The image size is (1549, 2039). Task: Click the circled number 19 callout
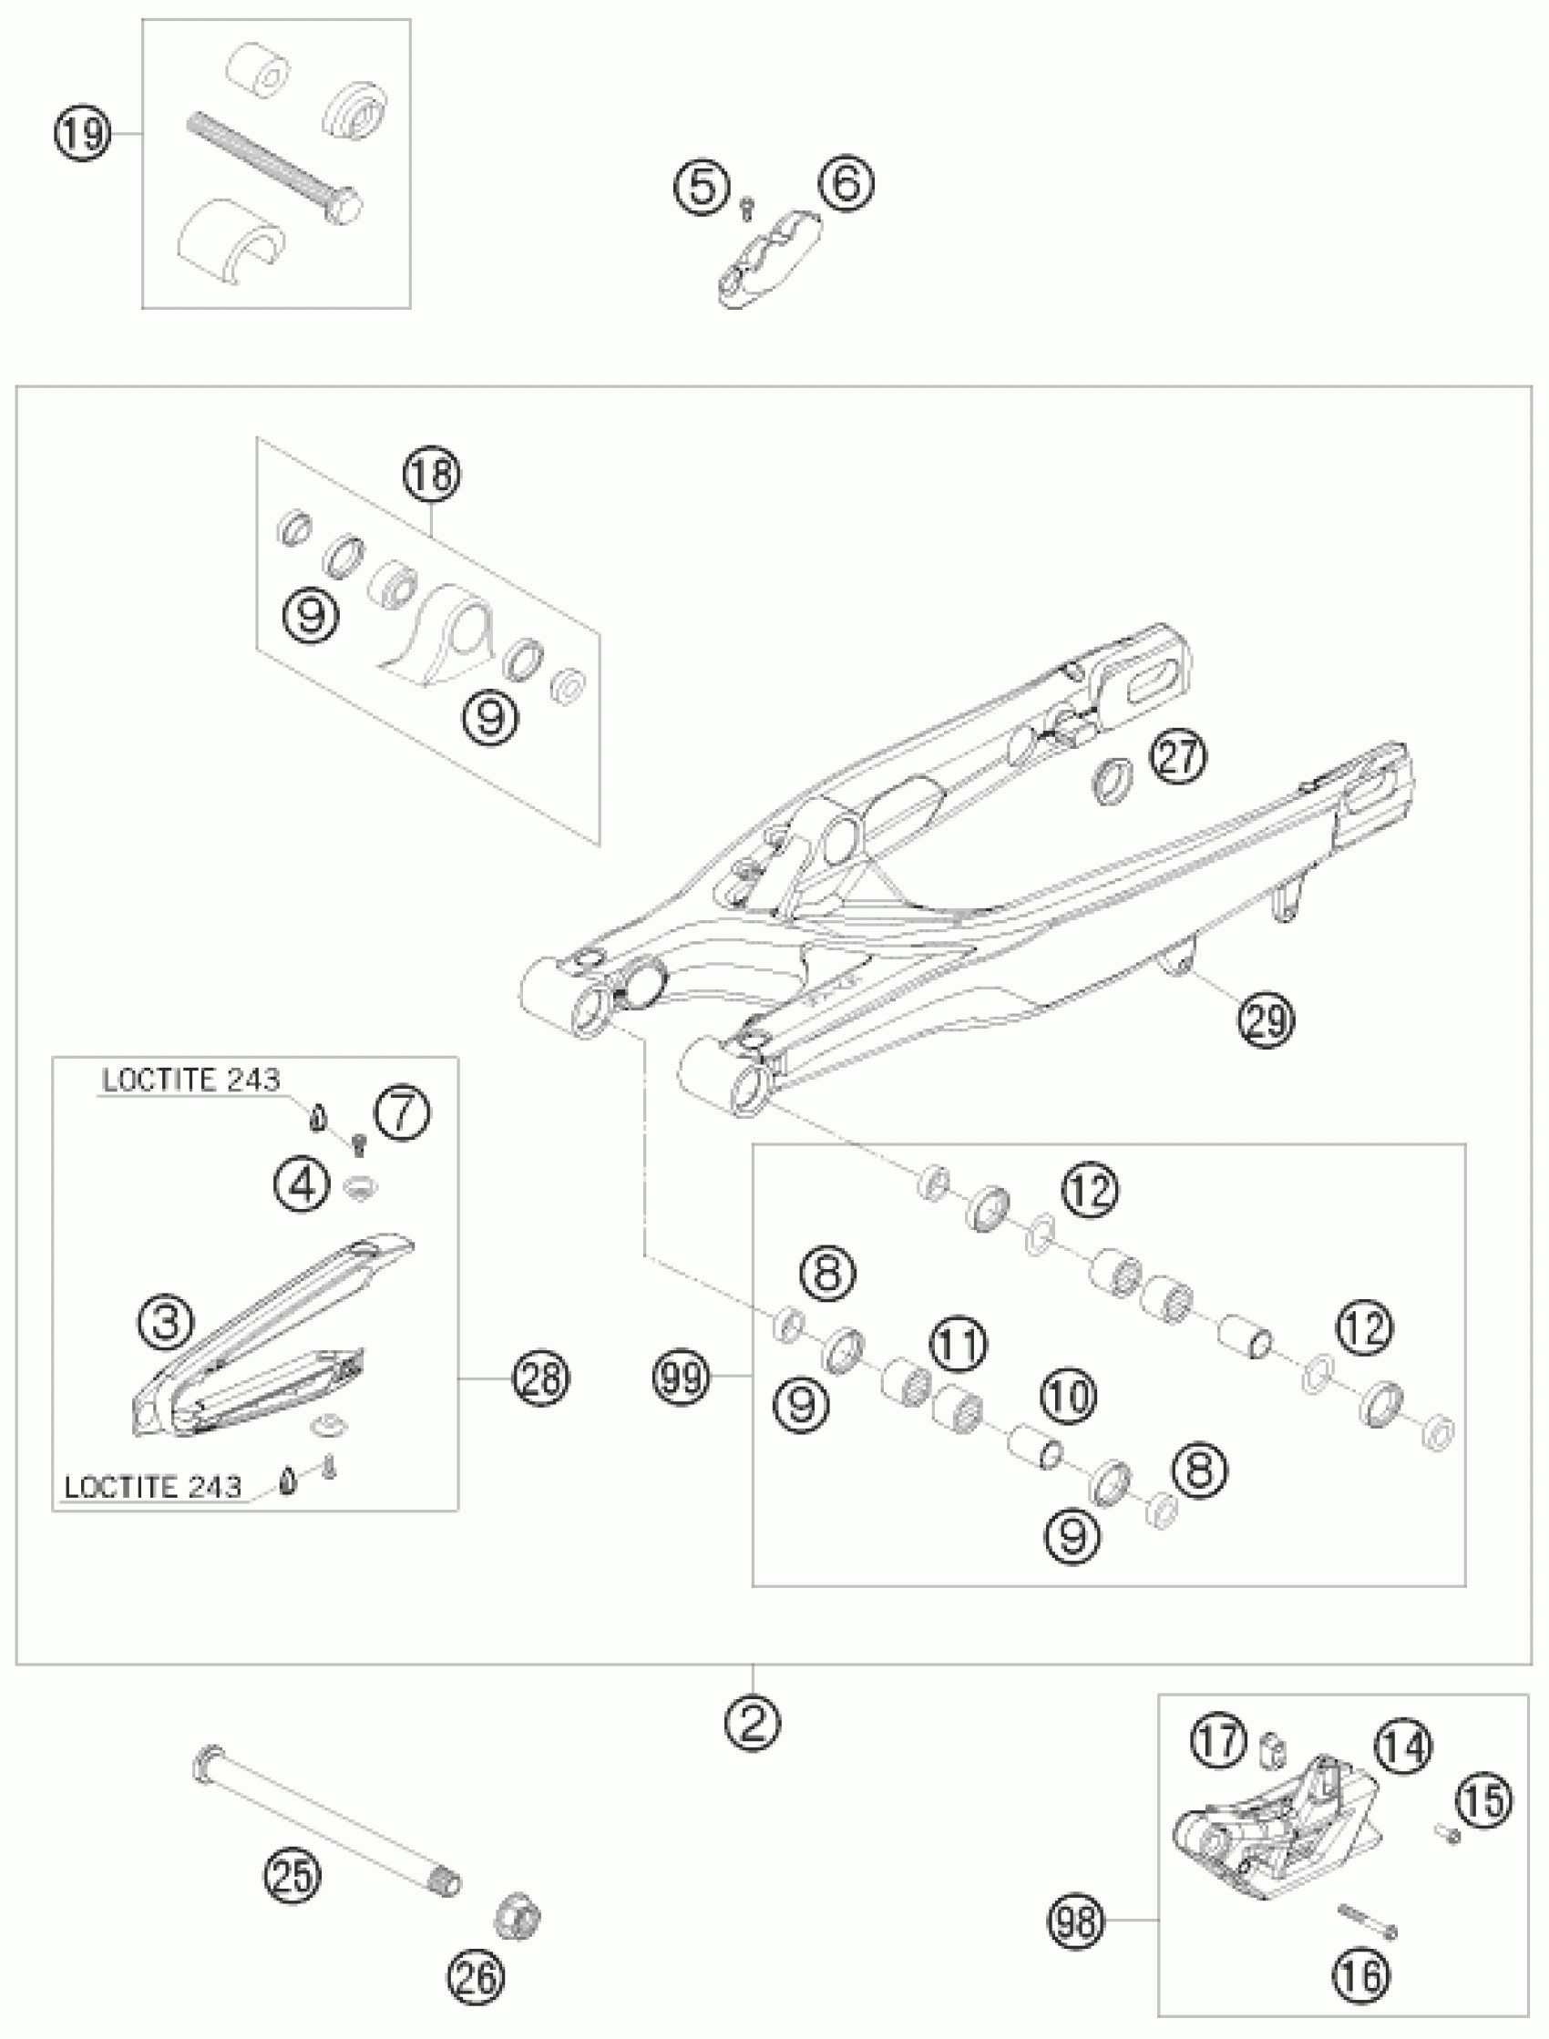click(81, 135)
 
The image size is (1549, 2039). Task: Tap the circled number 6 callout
click(846, 182)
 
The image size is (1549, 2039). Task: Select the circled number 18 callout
click(431, 476)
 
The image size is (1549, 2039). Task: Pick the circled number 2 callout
click(753, 1721)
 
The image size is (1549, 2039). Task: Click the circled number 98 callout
click(1076, 1921)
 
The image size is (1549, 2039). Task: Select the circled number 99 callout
click(682, 1379)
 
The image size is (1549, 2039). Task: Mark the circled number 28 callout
click(541, 1379)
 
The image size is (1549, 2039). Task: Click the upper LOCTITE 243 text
click(190, 1080)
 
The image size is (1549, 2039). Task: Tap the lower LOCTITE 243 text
click(153, 1486)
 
